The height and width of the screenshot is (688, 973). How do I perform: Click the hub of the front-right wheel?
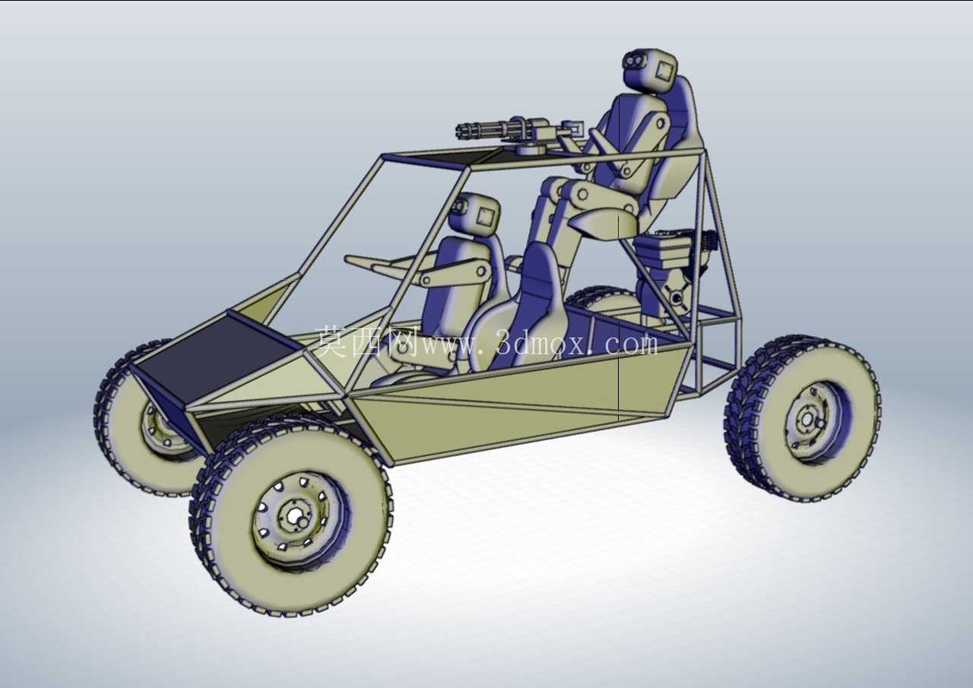(x=295, y=515)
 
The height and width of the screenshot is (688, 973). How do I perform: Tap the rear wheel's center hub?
(x=807, y=419)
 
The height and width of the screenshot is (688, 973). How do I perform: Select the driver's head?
(x=475, y=214)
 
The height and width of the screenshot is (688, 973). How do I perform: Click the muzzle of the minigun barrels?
(x=461, y=129)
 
